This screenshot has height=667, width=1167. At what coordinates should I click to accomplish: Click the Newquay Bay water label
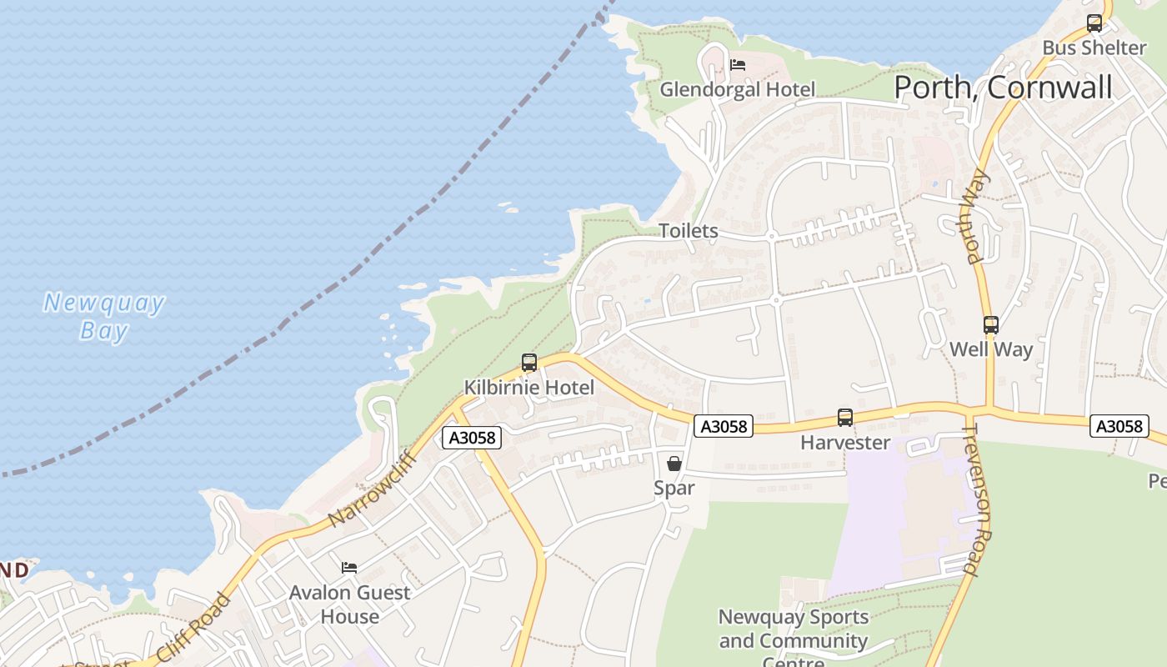point(103,316)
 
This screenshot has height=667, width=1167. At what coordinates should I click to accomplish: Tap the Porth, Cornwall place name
point(1003,88)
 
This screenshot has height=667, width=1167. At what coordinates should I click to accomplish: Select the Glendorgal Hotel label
point(737,89)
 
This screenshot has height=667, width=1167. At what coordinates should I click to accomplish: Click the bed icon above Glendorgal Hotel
point(738,64)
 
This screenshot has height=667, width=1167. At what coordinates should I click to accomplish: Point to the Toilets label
point(689,231)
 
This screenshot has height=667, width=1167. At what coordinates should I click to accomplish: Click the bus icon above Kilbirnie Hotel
point(529,363)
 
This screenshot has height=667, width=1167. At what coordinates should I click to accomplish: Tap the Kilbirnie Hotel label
point(529,388)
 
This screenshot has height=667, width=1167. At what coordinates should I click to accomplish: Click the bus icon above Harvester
point(845,418)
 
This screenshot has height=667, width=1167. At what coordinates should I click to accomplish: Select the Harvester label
point(845,443)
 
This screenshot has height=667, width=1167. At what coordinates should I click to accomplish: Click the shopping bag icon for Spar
point(674,463)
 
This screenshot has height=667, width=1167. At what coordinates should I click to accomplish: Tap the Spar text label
point(674,488)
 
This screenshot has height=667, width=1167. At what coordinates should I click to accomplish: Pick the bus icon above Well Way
point(991,325)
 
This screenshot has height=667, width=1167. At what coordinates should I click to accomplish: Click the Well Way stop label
point(991,349)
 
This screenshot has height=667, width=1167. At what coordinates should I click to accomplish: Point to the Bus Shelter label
point(1094,48)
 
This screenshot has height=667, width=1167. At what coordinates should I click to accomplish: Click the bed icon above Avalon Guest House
point(349,568)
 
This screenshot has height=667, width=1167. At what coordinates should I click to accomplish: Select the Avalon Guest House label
point(350,604)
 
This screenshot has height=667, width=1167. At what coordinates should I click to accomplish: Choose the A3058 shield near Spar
point(724,426)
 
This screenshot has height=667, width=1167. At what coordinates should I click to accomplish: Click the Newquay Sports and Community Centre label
point(793,639)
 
